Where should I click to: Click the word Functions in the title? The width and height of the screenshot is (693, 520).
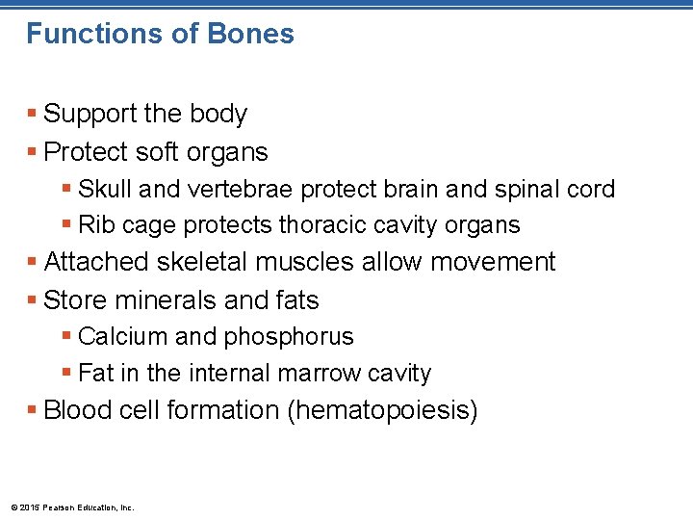[x=80, y=35]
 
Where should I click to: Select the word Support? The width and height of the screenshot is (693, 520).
[x=91, y=115]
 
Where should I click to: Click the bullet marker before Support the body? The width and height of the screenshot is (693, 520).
[x=34, y=114]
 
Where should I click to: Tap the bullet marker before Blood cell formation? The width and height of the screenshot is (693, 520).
[x=34, y=410]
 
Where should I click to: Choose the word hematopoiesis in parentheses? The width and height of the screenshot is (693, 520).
[x=382, y=411]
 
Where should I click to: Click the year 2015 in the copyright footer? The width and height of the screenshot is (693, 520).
[x=30, y=507]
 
